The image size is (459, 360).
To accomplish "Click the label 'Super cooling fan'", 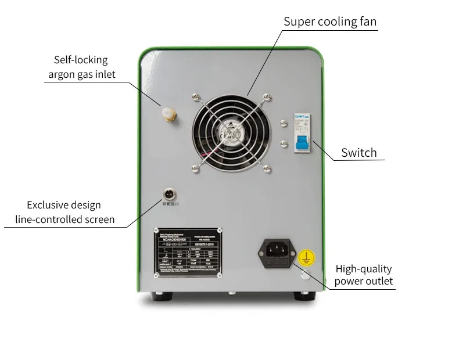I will [x=330, y=22].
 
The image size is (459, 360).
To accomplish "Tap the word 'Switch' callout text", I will [x=358, y=153].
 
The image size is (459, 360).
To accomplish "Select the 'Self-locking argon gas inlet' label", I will [x=81, y=67].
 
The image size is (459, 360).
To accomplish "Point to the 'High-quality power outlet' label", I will [x=364, y=275].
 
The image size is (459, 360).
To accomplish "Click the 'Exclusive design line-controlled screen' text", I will [x=63, y=212].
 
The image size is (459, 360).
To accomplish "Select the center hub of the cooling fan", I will [x=233, y=132].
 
